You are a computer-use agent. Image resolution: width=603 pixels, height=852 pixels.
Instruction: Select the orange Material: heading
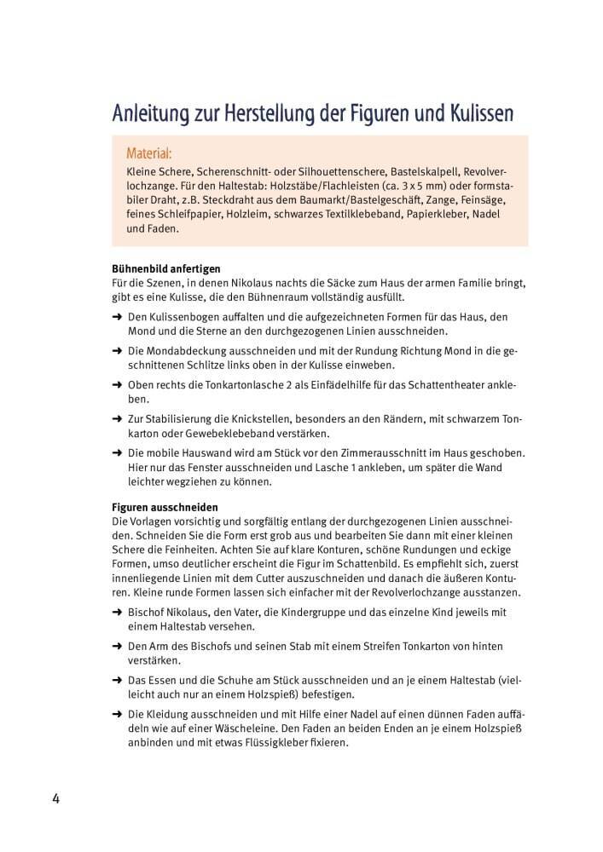[x=148, y=154]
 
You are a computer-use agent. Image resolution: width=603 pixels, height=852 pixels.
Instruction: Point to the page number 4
[x=55, y=798]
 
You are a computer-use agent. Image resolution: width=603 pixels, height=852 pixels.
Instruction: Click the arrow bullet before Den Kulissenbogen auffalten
[x=116, y=317]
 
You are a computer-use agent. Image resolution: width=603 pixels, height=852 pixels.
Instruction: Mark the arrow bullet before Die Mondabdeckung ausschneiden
[x=116, y=351]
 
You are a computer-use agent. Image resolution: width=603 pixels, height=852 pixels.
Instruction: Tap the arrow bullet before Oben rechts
[x=116, y=385]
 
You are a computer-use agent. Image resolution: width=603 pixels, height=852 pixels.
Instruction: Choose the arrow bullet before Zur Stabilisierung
[x=116, y=419]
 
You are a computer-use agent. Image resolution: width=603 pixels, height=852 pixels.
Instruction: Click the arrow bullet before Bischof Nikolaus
[x=116, y=613]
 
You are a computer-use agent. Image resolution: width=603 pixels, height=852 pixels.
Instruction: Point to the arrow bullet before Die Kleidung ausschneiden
[x=116, y=715]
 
